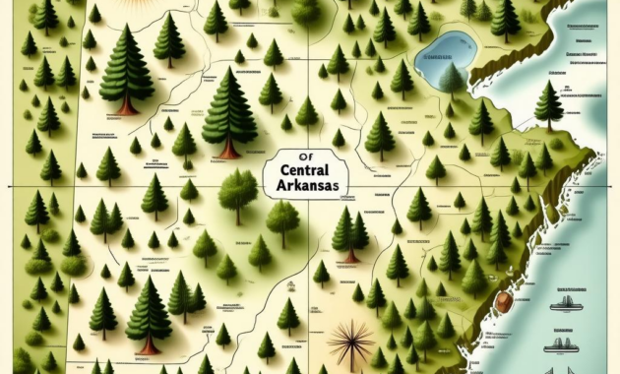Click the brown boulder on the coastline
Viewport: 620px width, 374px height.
coord(505,302)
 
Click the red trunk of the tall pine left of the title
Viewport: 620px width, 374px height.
coord(229,150)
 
